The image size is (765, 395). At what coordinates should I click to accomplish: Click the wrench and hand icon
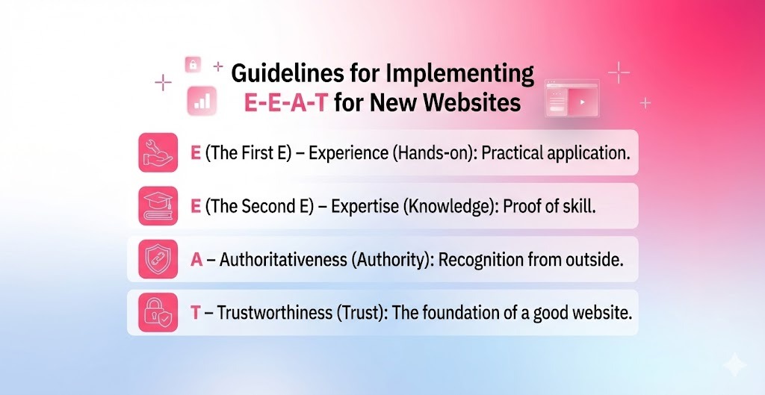(x=158, y=152)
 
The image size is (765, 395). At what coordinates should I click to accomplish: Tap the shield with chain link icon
(x=158, y=259)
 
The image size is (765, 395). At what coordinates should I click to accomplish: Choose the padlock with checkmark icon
(x=158, y=312)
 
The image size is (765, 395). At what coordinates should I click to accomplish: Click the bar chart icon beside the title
(x=202, y=100)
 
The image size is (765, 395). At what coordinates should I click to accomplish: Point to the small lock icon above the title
(x=193, y=65)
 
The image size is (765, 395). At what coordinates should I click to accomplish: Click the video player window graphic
(x=572, y=98)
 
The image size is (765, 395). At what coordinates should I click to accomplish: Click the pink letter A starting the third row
(x=197, y=260)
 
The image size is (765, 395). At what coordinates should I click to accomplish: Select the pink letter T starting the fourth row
(x=196, y=313)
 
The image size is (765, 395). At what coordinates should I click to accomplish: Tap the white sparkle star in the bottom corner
(x=734, y=364)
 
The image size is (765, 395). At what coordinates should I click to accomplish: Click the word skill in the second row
(x=577, y=207)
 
